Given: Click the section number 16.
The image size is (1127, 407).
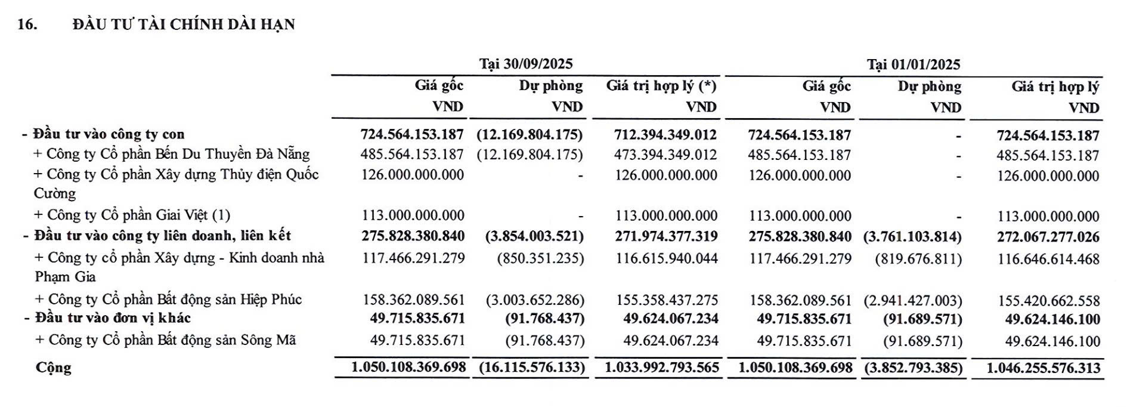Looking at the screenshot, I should [27, 24].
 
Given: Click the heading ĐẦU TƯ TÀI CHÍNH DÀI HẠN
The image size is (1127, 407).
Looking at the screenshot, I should [184, 24].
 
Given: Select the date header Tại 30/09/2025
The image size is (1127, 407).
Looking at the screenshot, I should [526, 64].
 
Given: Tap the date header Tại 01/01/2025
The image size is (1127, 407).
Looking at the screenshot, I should [914, 64].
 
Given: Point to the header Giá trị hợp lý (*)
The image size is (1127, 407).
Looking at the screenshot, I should [661, 86].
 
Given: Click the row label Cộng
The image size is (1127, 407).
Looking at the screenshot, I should [54, 367].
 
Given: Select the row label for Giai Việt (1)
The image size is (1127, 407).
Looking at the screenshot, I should [132, 215].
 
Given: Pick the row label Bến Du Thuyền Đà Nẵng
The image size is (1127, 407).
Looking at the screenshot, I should [172, 154].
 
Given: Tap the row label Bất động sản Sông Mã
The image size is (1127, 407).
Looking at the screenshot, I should [166, 340].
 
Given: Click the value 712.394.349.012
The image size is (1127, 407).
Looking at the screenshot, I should [665, 135].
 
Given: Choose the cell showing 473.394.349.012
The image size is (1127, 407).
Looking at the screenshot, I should [665, 155].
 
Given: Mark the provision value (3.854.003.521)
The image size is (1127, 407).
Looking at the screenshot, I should [534, 236].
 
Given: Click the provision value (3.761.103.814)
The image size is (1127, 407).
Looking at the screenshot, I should [912, 237].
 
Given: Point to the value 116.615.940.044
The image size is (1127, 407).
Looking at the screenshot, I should [667, 259].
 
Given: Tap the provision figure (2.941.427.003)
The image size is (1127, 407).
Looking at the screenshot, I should [912, 300].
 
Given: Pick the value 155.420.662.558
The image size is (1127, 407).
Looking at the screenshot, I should [1048, 301].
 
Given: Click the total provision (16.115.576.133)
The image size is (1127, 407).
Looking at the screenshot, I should [532, 368].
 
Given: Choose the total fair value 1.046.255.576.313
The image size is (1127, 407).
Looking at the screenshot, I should [1043, 368].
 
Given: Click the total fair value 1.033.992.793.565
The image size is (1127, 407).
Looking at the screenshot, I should [662, 368].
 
